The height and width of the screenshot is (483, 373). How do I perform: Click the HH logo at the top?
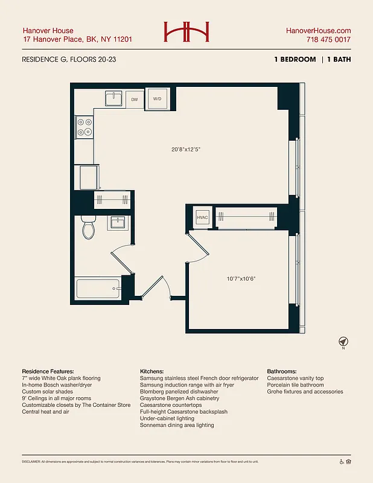[x=186, y=32]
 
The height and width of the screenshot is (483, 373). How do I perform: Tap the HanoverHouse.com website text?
[x=317, y=31]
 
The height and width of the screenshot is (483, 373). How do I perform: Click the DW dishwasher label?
[x=135, y=98]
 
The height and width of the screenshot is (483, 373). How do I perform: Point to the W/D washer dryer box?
[x=157, y=98]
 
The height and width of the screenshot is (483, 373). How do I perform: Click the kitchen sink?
[x=113, y=98]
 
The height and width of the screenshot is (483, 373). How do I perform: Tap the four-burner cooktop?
[x=84, y=126]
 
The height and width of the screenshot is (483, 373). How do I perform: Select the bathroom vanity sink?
[x=117, y=222]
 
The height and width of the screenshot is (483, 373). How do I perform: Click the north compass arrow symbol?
[x=343, y=341]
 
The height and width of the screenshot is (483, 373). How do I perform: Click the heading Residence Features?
[x=48, y=371]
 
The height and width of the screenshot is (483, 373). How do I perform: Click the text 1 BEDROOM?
[x=295, y=60]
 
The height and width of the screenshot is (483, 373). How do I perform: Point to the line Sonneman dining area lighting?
[x=177, y=425]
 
